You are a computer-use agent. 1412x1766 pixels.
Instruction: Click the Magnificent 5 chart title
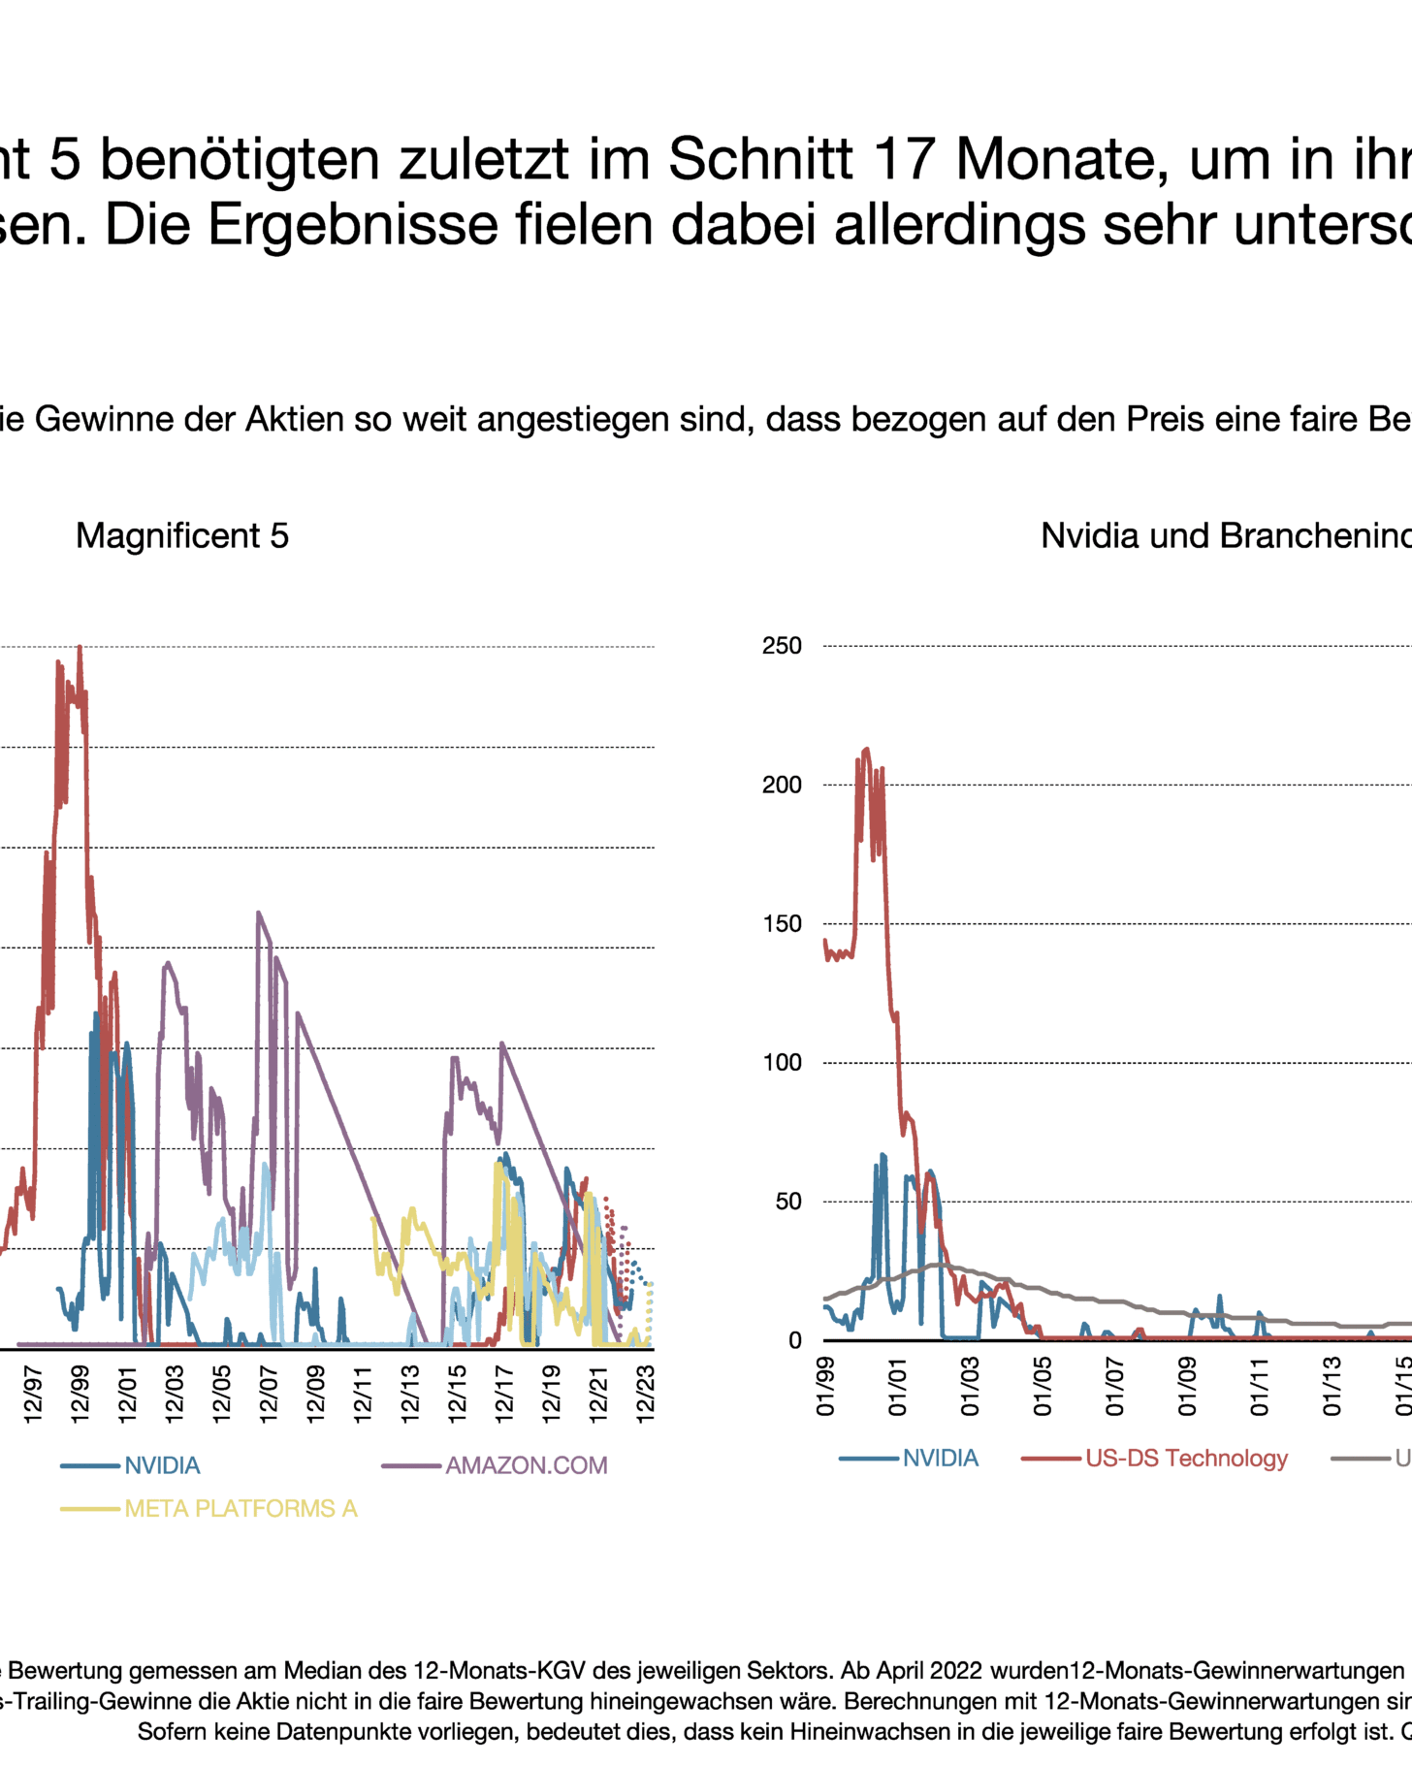(182, 536)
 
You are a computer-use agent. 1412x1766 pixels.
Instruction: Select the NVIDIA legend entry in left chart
(162, 1465)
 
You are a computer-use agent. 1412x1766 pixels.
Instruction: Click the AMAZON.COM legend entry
(526, 1465)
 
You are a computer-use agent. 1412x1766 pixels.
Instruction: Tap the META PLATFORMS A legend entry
(241, 1509)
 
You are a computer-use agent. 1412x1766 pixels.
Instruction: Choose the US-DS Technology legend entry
(1186, 1459)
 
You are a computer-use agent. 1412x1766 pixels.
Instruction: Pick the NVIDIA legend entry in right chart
(940, 1459)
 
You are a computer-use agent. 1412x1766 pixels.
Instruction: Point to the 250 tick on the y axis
(782, 646)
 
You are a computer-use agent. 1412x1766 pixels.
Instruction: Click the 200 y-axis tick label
(782, 785)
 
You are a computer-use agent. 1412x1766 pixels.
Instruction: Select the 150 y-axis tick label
(782, 923)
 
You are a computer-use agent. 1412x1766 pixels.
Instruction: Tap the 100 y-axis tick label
(782, 1063)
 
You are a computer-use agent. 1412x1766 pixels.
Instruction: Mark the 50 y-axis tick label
(787, 1202)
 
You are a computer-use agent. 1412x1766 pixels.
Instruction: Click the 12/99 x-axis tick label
(80, 1395)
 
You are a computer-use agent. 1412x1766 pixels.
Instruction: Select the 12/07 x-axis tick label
(269, 1395)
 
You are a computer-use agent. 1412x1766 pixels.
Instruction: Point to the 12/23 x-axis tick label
(645, 1395)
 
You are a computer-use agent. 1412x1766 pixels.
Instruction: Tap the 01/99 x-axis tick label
(825, 1388)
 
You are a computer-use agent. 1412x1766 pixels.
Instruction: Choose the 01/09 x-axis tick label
(1187, 1388)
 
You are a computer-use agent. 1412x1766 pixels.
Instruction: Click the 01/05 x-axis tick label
(1043, 1388)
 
